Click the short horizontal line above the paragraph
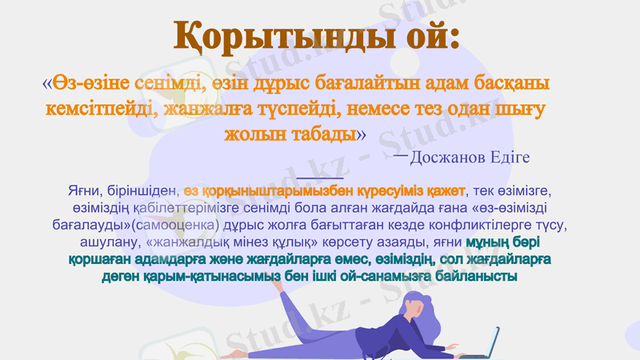pyautogui.click(x=319, y=178)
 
